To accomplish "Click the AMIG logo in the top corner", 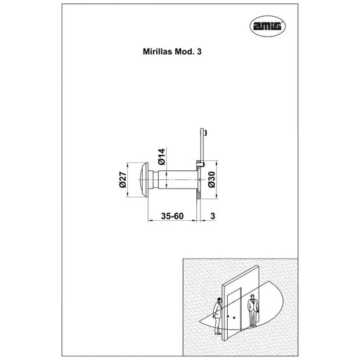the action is [268, 26].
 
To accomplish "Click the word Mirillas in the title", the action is [158, 51].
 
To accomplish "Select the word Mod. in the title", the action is [185, 51].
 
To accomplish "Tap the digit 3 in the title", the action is [199, 51].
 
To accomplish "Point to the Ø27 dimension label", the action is [123, 179].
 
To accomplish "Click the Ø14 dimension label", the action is [162, 157].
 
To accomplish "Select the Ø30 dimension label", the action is [212, 179].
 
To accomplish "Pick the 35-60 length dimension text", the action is [172, 216].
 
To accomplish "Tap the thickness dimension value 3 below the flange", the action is [212, 216].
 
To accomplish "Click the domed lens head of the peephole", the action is [143, 179].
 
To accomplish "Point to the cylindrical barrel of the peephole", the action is [178, 179].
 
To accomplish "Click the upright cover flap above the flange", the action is [202, 146].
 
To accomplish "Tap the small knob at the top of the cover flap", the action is [206, 133].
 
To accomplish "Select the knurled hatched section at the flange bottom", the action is [198, 194].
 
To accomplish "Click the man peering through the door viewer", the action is [218, 316].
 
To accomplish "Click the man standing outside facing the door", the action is [253, 310].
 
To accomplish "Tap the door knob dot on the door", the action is [234, 318].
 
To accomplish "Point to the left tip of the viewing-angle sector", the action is [199, 321].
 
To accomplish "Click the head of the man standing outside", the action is [252, 297].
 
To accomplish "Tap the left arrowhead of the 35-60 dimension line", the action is [150, 220].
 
